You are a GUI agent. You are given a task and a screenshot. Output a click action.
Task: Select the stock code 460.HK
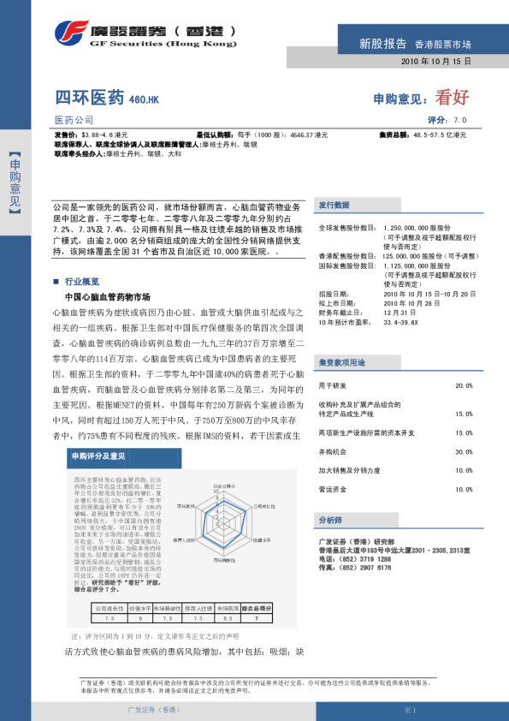coord(144,101)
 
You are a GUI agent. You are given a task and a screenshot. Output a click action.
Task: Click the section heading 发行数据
coord(334,206)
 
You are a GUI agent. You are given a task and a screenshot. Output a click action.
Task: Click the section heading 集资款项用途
coord(341,339)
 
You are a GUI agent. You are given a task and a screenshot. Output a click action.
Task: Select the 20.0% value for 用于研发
coord(464,362)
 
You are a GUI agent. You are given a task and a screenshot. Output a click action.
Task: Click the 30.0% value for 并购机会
coord(464,451)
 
